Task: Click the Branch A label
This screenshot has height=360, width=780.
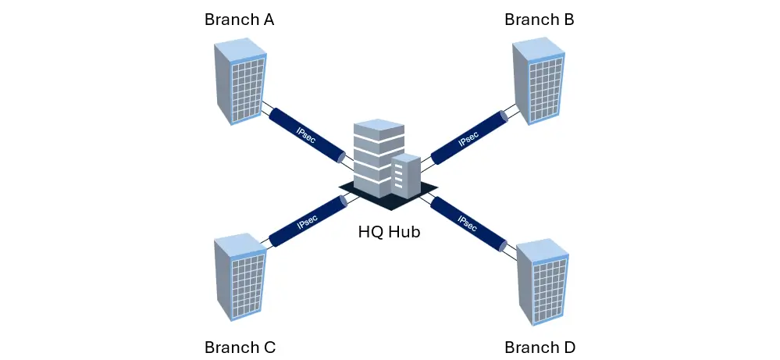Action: [x=239, y=20]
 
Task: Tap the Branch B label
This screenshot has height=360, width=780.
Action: [x=540, y=20]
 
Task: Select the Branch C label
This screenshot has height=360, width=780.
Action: [x=240, y=347]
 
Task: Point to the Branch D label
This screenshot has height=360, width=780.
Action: [x=540, y=347]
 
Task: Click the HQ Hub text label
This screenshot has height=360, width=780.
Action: [x=389, y=232]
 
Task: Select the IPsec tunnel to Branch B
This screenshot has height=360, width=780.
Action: [x=468, y=137]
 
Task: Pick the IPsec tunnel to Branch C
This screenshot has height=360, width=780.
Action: [x=308, y=222]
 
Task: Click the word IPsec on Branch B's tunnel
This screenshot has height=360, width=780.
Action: [x=468, y=138]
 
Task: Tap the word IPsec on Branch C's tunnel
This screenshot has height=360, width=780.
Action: [x=308, y=222]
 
